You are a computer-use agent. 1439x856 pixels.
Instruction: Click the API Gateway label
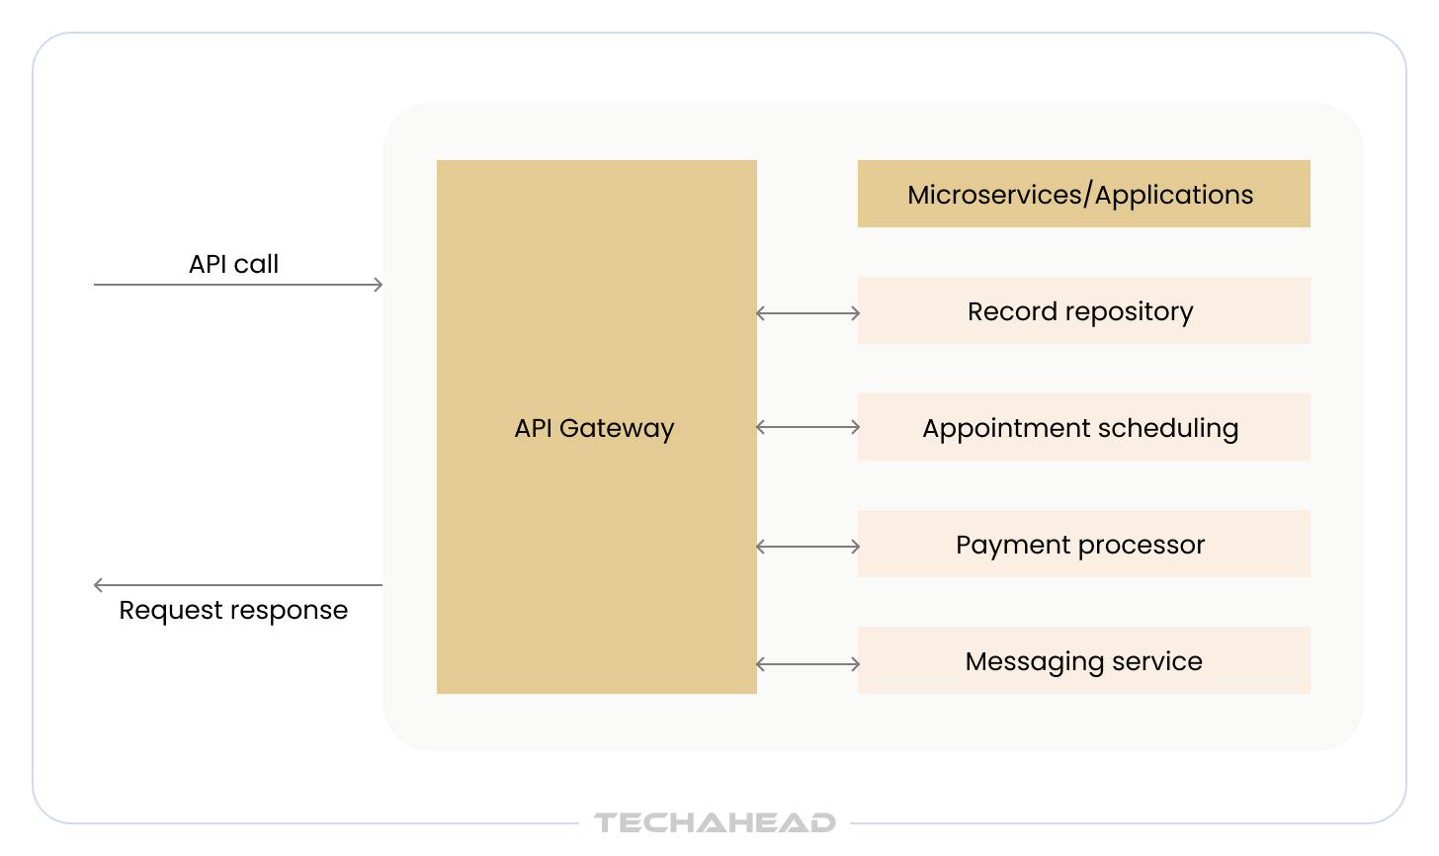594,428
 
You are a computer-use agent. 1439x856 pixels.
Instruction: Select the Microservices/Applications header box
1083,194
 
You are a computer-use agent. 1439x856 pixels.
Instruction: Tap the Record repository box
1083,310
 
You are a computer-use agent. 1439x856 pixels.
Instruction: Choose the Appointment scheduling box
1083,427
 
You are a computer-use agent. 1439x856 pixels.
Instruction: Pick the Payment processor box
1083,544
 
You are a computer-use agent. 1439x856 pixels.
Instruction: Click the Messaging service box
1083,660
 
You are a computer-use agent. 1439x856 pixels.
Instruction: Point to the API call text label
233,264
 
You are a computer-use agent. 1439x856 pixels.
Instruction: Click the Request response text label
233,610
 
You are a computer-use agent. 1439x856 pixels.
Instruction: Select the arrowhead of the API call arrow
378,285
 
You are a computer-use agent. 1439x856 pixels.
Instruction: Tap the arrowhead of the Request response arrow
99,585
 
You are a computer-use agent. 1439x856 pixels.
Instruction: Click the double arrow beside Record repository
807,313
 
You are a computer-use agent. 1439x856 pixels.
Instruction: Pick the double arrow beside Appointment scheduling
807,427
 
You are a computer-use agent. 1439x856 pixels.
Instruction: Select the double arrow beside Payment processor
807,547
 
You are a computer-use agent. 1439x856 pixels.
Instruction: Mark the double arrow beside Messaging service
807,664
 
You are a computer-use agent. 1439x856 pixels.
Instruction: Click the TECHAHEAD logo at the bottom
715,822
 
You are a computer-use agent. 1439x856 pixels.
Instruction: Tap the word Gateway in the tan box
617,428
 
